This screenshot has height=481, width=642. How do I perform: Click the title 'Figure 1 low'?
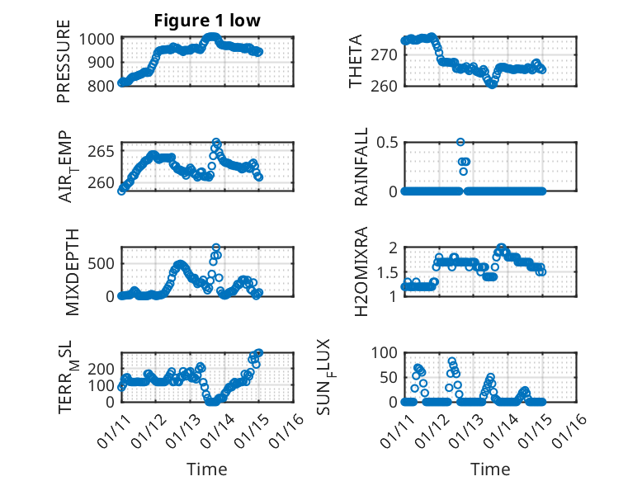(x=207, y=21)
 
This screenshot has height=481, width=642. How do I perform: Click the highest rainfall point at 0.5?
(x=460, y=143)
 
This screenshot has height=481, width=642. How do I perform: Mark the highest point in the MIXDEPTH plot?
(x=216, y=248)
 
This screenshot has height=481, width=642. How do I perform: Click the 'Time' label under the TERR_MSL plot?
(x=207, y=469)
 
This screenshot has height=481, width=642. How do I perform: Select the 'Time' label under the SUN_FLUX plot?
(x=490, y=469)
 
